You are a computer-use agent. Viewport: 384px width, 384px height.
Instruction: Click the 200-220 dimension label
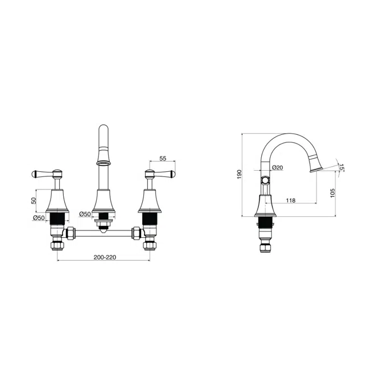pyautogui.click(x=105, y=257)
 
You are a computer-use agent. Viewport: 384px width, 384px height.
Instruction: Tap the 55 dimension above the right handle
pyautogui.click(x=163, y=159)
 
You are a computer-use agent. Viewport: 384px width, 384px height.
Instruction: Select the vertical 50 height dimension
pyautogui.click(x=34, y=201)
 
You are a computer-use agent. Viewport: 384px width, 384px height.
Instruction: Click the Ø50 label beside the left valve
pyautogui.click(x=39, y=217)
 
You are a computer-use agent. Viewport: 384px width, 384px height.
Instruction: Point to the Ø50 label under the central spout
pyautogui.click(x=85, y=214)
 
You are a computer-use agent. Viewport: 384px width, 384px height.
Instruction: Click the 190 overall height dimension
pyautogui.click(x=240, y=174)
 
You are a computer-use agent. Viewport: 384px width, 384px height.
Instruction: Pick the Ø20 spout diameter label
pyautogui.click(x=278, y=167)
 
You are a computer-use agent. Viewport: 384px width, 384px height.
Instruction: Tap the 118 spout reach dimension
pyautogui.click(x=291, y=200)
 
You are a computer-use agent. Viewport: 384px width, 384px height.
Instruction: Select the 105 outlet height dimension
pyautogui.click(x=332, y=193)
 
